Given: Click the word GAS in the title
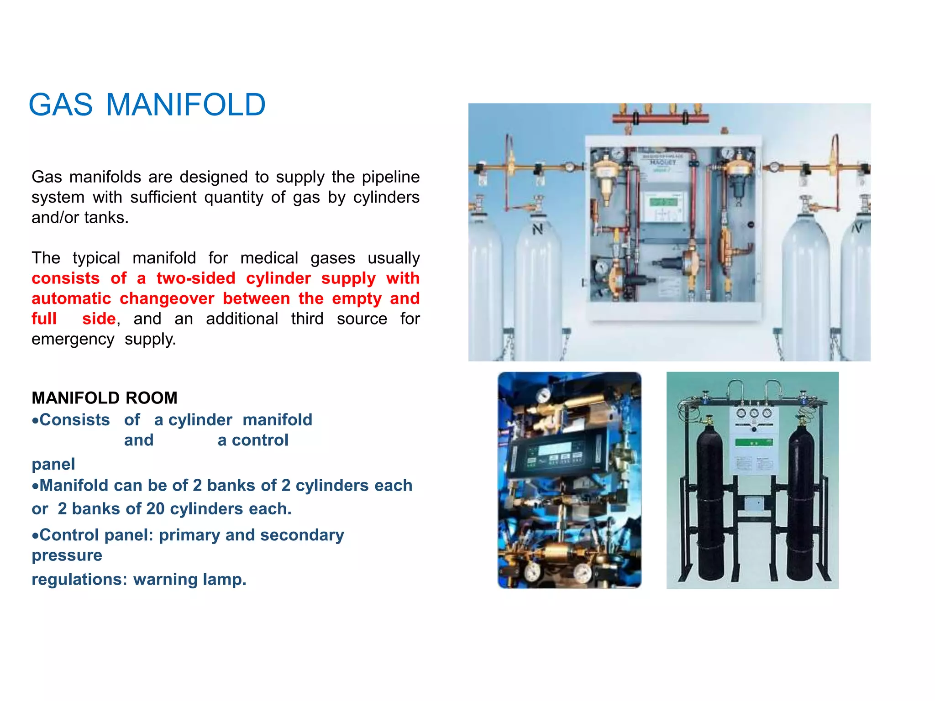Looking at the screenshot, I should [61, 105].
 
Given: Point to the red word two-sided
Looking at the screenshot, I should [195, 278].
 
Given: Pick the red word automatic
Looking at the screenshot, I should [71, 298].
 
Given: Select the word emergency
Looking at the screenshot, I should [73, 339].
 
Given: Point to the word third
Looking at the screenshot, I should [307, 319].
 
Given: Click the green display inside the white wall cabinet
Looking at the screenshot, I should [663, 202].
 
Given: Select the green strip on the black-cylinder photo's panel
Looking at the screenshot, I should [753, 442].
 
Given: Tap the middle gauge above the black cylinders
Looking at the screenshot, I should [754, 413].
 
